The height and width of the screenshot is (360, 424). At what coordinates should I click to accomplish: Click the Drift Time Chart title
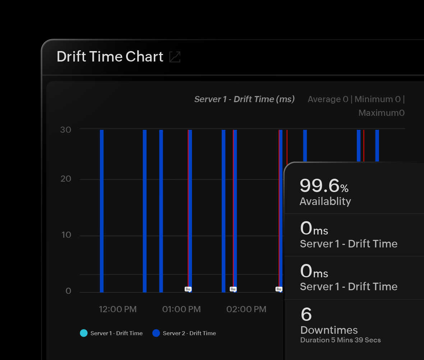coord(110,57)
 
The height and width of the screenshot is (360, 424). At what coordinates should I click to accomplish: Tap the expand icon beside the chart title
coord(175,57)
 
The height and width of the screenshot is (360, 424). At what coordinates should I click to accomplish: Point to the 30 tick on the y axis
coord(66,129)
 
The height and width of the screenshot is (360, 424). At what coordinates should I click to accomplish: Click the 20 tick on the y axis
coord(66,179)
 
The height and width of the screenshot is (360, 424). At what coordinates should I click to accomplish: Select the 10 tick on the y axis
coord(66,235)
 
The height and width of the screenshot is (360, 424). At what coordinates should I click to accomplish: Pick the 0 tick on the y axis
coord(68,291)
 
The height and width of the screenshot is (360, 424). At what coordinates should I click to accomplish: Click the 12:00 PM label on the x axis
coord(118,309)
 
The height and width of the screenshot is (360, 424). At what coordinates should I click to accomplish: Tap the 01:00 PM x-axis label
coord(181,309)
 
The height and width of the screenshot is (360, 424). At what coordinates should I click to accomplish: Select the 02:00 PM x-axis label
coord(246,309)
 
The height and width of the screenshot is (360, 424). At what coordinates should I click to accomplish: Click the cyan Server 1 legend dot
coord(84,333)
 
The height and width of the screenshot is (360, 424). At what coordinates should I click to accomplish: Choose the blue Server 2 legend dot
coord(156,333)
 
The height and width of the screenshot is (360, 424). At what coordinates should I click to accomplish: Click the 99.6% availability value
coord(324,186)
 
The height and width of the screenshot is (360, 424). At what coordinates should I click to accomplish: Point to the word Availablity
coord(325,201)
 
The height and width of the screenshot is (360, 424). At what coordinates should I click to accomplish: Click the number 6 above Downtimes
coord(306,315)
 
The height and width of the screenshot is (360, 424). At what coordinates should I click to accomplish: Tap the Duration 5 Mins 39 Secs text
coord(340,340)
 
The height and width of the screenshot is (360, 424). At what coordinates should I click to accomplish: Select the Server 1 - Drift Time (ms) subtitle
coord(244,99)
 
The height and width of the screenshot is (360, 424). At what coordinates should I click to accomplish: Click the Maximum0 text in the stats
coord(382,113)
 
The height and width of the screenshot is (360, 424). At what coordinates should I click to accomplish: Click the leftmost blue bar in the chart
coord(102,211)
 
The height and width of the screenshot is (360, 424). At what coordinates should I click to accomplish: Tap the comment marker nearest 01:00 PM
coord(188,289)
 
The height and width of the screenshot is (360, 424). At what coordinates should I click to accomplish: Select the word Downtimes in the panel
coord(329,330)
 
